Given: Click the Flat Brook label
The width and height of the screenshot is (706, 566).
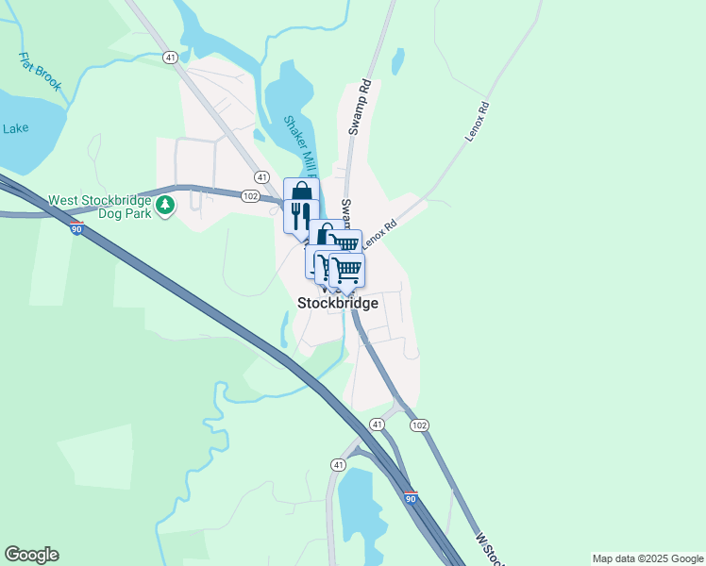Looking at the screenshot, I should point(41,72).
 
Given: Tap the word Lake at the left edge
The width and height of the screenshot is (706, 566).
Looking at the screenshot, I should point(16,128).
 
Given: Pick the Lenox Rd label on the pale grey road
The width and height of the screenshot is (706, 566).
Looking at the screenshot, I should point(479,122).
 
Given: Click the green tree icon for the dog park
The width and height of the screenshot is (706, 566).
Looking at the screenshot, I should point(165,205).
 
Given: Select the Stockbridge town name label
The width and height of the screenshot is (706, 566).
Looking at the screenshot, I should point(338,303).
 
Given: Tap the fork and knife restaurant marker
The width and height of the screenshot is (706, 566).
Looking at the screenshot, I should point(301,216).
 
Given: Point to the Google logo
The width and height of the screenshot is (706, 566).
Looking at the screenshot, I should point(31,555).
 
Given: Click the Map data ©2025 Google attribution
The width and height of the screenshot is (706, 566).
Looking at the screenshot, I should point(647,558).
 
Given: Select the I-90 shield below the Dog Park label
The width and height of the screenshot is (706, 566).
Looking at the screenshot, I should point(76,228).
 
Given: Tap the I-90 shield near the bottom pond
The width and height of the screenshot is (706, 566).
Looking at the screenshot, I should point(410,497).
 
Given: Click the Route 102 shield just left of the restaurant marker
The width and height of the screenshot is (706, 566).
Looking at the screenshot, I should point(250,196).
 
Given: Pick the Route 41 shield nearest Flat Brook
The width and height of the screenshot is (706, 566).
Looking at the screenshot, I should point(170,58).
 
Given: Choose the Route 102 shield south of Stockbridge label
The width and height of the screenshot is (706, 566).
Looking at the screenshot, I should point(419,425).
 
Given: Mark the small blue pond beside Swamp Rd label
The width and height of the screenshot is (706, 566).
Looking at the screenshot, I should point(398,61).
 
